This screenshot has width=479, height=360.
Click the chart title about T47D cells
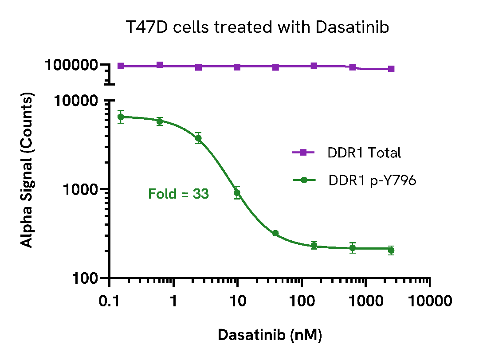[257, 27]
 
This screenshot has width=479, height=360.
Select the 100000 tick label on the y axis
[71, 65]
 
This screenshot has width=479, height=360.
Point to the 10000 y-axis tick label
[76, 101]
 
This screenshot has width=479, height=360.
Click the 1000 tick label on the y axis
[80, 189]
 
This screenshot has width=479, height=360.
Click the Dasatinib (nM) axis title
[269, 335]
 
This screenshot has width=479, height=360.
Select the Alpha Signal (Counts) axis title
[27, 170]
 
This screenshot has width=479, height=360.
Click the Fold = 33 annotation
[178, 194]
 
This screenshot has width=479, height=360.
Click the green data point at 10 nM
[237, 192]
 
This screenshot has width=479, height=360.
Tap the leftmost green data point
[120, 117]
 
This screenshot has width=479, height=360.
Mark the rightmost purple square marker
[391, 69]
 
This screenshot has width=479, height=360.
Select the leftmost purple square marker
[121, 66]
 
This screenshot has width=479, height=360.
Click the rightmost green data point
[391, 250]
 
